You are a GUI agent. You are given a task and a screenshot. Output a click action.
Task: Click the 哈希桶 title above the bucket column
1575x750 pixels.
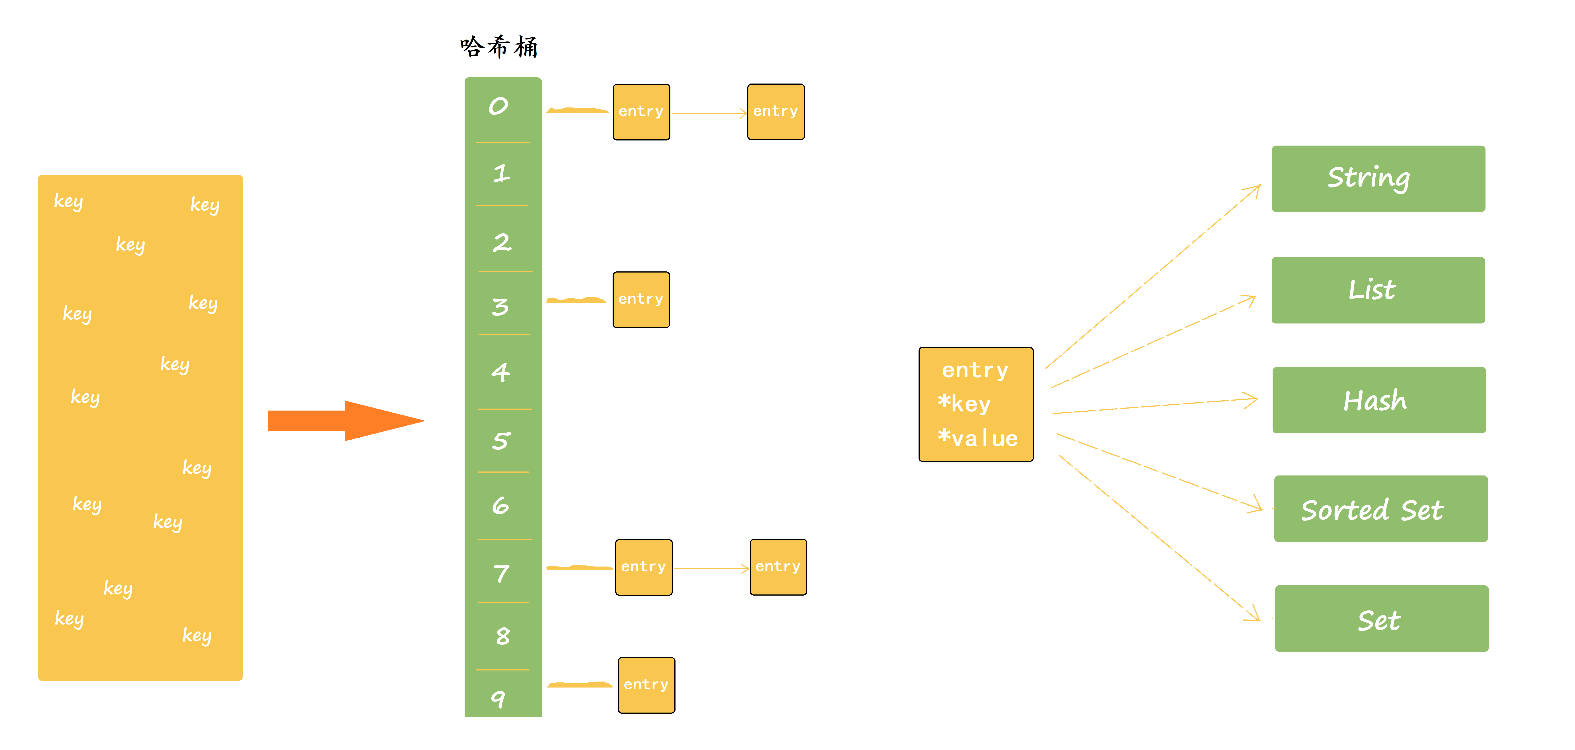499,47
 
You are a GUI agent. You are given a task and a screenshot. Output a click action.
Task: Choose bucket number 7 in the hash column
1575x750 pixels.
501,573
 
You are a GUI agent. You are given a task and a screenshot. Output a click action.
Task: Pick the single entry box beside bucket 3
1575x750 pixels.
641,300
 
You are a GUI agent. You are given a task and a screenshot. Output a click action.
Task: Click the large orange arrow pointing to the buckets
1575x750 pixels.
345,421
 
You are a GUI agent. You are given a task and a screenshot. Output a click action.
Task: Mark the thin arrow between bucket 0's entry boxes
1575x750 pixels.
709,113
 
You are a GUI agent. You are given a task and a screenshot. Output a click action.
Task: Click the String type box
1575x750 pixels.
1378,179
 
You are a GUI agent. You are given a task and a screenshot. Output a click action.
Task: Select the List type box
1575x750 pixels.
1378,290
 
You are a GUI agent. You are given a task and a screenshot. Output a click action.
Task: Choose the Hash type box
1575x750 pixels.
1379,400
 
